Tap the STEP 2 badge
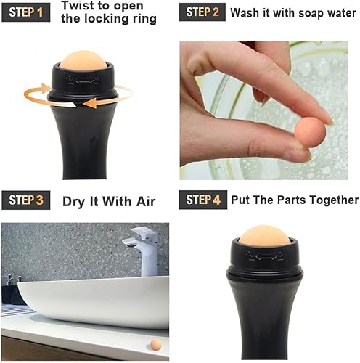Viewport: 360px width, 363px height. click(x=203, y=12)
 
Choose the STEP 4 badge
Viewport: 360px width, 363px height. click(x=203, y=200)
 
